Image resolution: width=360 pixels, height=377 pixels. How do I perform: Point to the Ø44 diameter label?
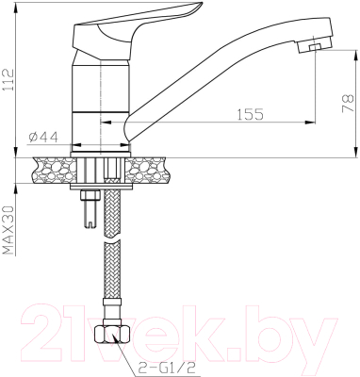[x=42, y=137]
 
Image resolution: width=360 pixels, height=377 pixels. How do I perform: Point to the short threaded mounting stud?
[x=90, y=208]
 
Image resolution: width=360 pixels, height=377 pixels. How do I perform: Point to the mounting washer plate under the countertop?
[x=99, y=188]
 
